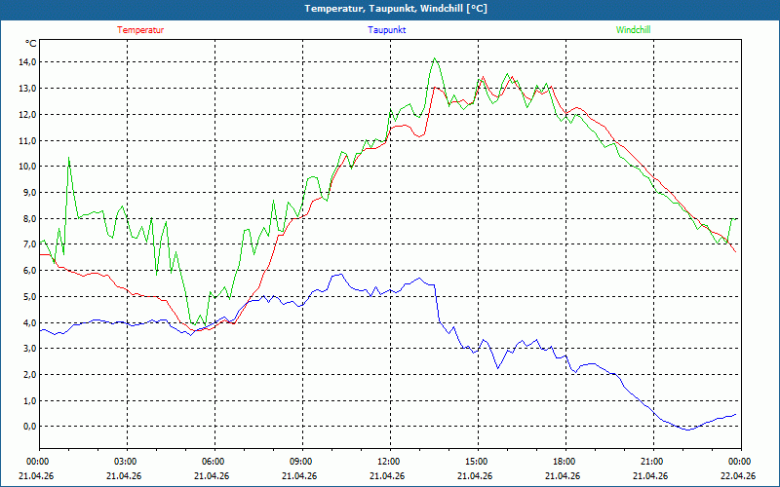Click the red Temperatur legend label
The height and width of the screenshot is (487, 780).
click(x=140, y=30)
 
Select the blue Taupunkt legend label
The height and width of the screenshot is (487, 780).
click(x=386, y=30)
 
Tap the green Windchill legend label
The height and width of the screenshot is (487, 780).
click(x=633, y=30)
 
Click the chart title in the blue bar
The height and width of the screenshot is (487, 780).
click(x=396, y=9)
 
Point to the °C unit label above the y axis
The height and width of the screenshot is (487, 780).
click(x=31, y=44)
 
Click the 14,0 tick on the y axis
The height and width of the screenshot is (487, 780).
click(x=27, y=62)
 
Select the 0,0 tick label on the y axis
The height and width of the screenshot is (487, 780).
click(x=29, y=427)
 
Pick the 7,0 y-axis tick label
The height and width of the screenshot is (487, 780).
click(x=29, y=244)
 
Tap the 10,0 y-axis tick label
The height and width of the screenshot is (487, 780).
click(x=27, y=167)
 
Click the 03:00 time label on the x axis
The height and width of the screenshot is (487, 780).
click(x=127, y=462)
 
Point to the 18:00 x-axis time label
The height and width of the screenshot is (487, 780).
click(x=565, y=462)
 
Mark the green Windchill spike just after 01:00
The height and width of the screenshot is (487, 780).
click(x=68, y=158)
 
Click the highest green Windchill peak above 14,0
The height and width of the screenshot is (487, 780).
click(x=435, y=58)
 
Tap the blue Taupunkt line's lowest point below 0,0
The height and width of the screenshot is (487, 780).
click(x=688, y=430)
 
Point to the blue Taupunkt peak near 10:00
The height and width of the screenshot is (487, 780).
click(x=341, y=274)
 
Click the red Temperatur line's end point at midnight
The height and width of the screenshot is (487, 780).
click(x=736, y=252)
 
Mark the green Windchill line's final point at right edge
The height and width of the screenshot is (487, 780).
click(x=736, y=218)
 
